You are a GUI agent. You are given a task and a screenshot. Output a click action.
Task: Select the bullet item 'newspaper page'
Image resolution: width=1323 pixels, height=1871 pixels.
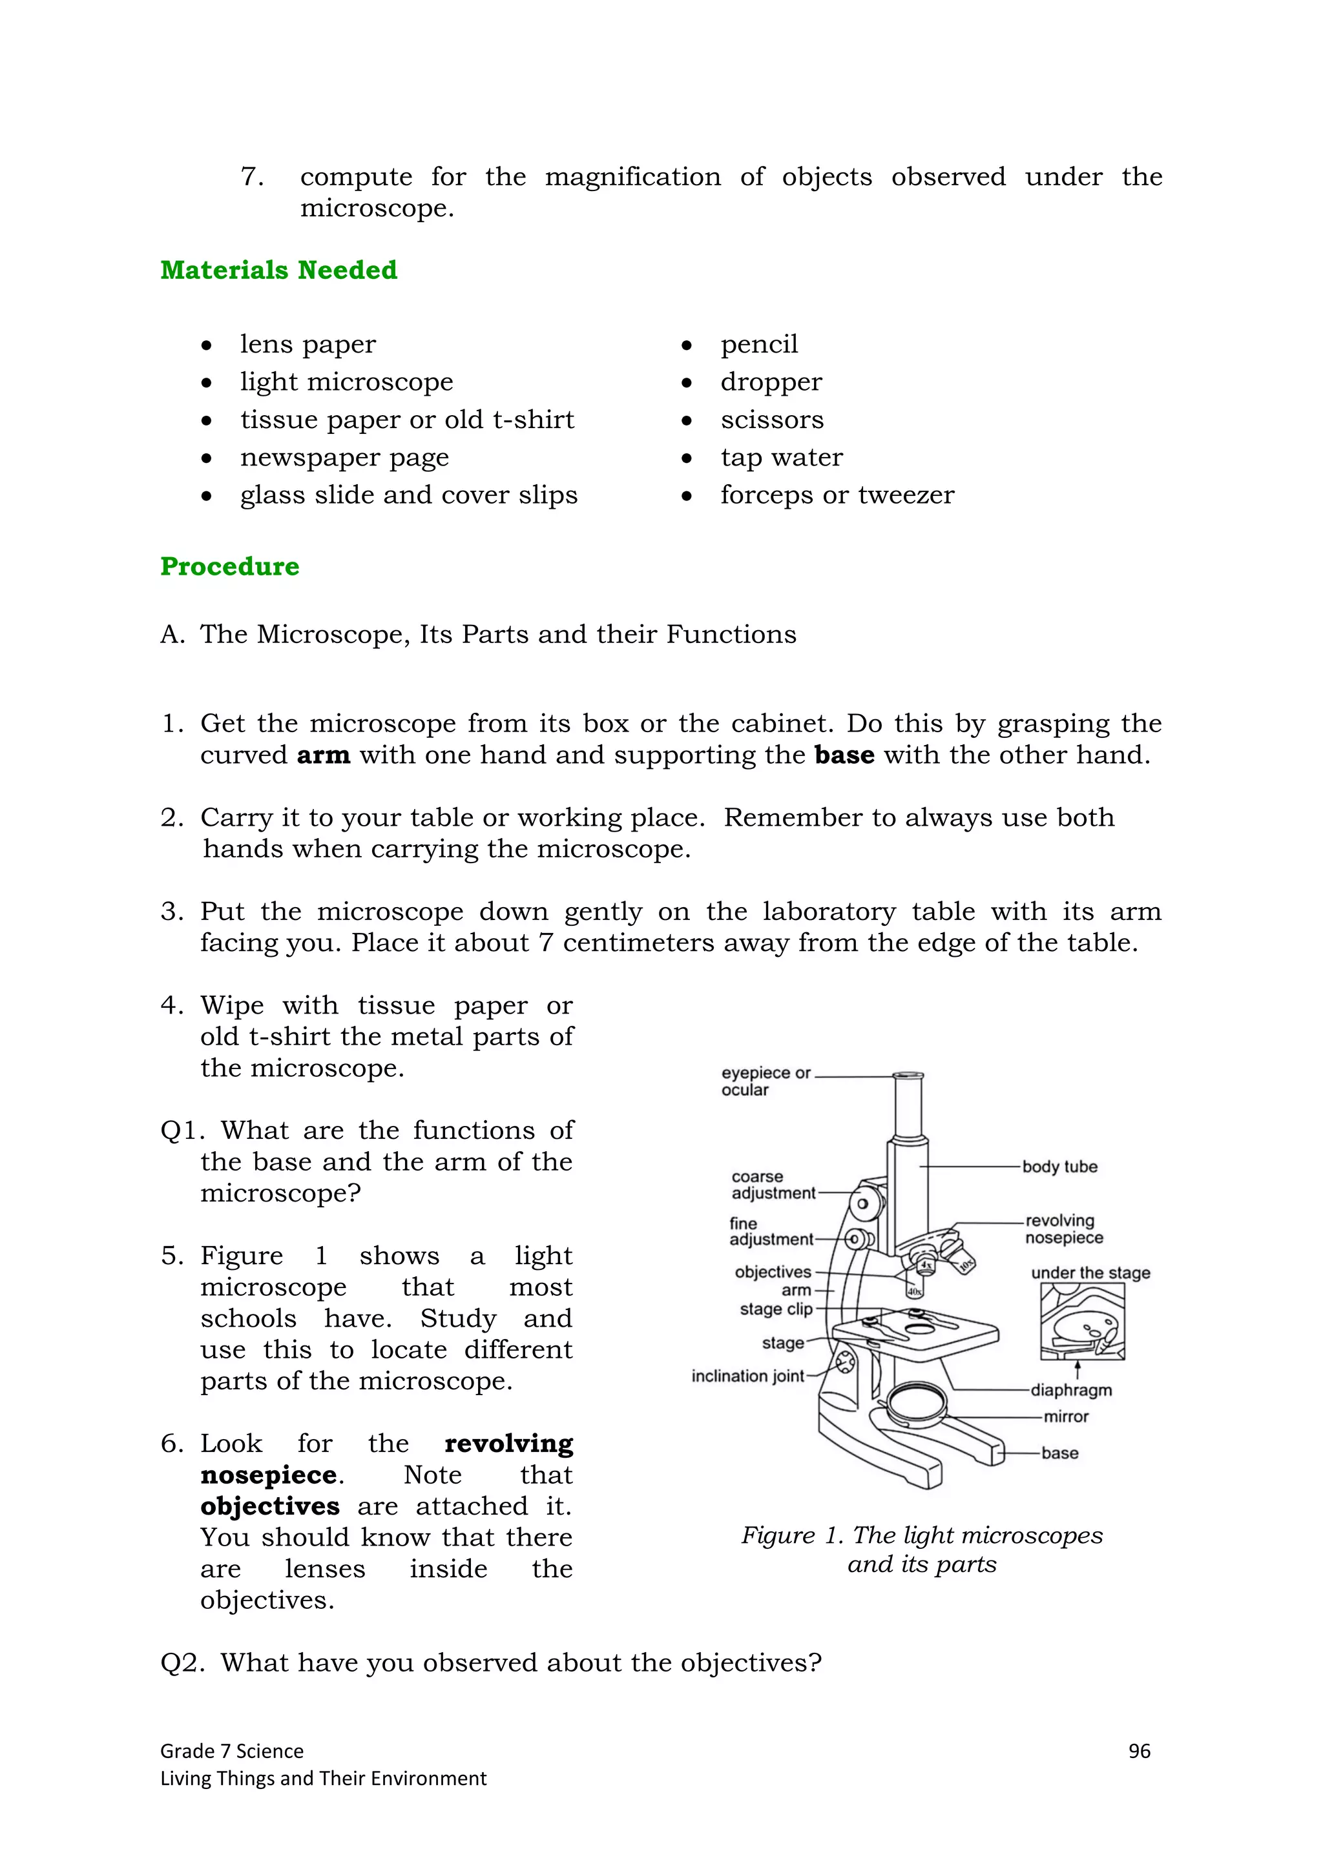click(x=344, y=457)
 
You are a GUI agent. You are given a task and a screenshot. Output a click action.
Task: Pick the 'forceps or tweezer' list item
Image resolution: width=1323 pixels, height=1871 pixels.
click(x=837, y=495)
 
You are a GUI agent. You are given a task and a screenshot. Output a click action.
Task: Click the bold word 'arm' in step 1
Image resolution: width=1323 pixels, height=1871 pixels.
click(x=323, y=755)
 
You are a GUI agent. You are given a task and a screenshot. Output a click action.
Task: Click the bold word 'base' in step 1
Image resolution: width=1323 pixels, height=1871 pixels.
click(x=844, y=755)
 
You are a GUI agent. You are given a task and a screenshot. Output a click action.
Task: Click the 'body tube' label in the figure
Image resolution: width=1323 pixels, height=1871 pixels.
click(x=1059, y=1166)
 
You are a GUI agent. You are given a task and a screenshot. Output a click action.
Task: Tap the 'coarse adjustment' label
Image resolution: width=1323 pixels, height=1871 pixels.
click(x=772, y=1185)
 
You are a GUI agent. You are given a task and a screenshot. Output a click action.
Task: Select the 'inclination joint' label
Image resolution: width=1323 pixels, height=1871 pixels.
click(x=747, y=1376)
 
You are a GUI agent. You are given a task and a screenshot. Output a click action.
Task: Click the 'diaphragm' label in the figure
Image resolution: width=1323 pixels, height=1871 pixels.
click(x=1070, y=1390)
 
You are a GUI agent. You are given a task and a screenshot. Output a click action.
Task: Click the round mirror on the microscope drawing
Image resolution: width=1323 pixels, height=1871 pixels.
click(x=917, y=1402)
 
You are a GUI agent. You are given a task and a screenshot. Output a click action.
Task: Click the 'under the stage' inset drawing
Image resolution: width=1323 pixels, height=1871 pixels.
click(x=1081, y=1322)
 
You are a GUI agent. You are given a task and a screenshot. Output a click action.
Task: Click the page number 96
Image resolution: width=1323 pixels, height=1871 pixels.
click(x=1139, y=1751)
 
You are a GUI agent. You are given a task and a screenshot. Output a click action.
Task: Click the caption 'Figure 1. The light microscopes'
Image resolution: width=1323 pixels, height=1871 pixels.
click(x=921, y=1535)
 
